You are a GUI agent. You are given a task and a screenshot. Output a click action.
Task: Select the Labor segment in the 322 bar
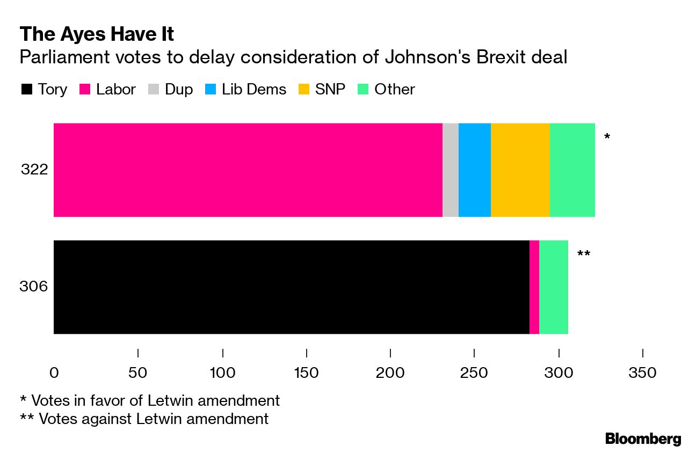pos(248,170)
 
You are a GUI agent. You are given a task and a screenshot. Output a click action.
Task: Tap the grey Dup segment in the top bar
pos(450,170)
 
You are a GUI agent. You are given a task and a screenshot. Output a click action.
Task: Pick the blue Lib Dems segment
pos(474,170)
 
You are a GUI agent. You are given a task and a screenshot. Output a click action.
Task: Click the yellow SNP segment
pos(520,170)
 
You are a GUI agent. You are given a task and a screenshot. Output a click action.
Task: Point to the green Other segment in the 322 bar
pos(572,170)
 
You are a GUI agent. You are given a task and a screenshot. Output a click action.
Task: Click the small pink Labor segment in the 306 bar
pos(534,287)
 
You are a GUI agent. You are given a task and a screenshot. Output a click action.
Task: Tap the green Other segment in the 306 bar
pos(553,287)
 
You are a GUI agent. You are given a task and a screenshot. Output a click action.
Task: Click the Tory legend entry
pos(44,89)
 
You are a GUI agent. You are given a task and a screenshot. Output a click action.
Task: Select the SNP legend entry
pos(322,89)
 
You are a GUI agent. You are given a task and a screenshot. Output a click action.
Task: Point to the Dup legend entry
pos(171,89)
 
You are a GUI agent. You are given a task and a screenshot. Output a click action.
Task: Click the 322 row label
pos(35,170)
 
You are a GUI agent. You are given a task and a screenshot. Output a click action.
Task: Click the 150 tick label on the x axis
pos(306,372)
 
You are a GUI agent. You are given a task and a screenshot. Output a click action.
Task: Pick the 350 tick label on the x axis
pos(642,372)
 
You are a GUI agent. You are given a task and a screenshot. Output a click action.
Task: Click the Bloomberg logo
pos(643,439)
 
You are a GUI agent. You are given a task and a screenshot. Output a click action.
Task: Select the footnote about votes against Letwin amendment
pos(144,418)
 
